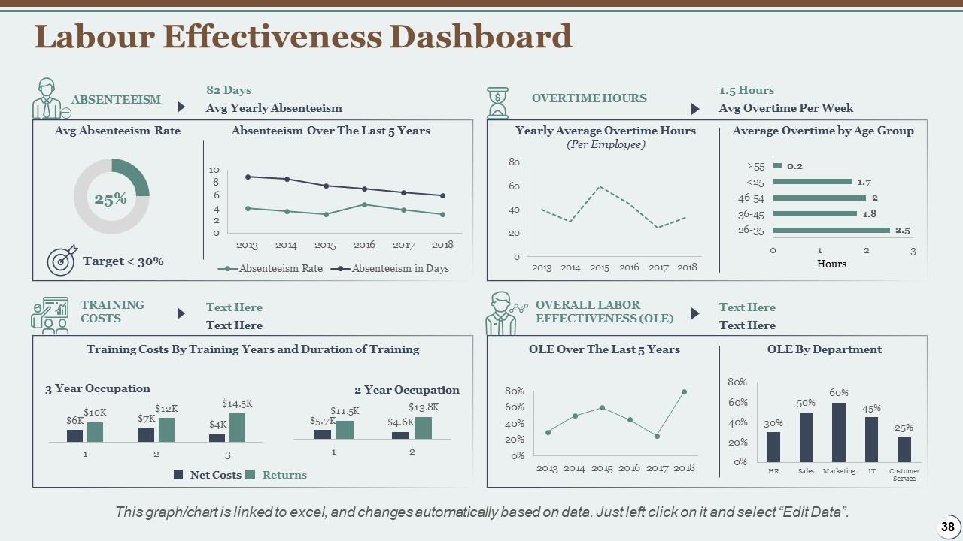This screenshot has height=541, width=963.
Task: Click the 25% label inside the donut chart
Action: pyautogui.click(x=111, y=199)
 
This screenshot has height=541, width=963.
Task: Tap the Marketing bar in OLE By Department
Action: pyautogui.click(x=839, y=432)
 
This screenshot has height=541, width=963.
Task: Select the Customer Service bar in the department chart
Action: pyautogui.click(x=904, y=449)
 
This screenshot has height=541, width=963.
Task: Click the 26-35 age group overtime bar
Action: pyautogui.click(x=831, y=231)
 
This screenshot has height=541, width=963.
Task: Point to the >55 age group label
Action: pyautogui.click(x=755, y=166)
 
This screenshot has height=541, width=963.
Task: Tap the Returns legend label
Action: pyautogui.click(x=284, y=475)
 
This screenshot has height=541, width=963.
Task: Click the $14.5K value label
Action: pyautogui.click(x=236, y=403)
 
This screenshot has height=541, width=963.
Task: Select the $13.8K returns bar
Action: pyautogui.click(x=423, y=428)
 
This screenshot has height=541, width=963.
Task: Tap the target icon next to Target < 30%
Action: pyautogui.click(x=62, y=260)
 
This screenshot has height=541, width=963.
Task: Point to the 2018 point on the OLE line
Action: pyautogui.click(x=684, y=391)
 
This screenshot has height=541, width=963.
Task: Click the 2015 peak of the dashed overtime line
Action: pyautogui.click(x=600, y=186)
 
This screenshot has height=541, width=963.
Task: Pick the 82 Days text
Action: pyautogui.click(x=229, y=90)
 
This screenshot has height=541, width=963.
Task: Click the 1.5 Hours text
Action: pyautogui.click(x=746, y=90)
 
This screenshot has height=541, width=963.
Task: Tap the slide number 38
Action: pyautogui.click(x=947, y=527)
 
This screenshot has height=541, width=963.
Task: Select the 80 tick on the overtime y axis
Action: pyautogui.click(x=515, y=162)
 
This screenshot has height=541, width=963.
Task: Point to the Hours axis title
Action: pyautogui.click(x=831, y=264)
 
